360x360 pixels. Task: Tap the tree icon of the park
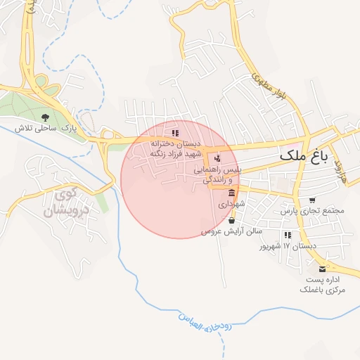[46, 117]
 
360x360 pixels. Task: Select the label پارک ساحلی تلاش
[46, 129]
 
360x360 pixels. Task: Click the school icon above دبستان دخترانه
[175, 132]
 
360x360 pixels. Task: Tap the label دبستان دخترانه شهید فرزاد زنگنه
[175, 148]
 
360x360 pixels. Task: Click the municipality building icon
[231, 193]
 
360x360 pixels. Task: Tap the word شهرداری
[231, 204]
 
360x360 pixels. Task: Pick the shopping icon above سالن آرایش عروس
[232, 220]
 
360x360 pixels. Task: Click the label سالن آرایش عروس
[232, 231]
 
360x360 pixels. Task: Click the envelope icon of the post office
[323, 269]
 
